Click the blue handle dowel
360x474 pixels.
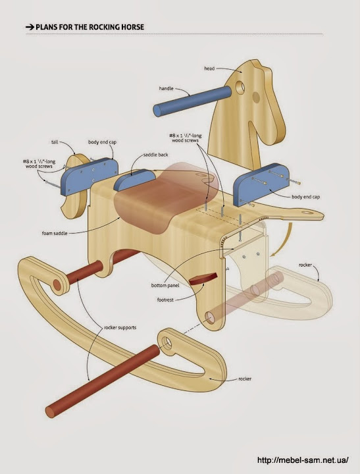click(192, 101)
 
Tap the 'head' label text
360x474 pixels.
click(209, 68)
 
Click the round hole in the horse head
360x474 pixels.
click(240, 88)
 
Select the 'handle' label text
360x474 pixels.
click(167, 89)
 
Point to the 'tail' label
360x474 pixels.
click(55, 142)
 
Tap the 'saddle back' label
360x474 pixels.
click(156, 155)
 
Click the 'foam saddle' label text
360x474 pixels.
click(55, 233)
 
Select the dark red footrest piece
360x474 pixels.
click(203, 278)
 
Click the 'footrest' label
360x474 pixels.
click(165, 300)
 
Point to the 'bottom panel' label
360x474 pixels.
click(165, 285)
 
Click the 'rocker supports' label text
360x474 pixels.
click(120, 327)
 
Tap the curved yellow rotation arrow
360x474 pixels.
click(286, 241)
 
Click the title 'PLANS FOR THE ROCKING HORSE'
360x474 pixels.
click(90, 27)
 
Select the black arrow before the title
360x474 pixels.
click(30, 27)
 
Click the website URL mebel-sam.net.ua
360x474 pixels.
click(303, 460)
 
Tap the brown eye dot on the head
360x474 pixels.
click(256, 97)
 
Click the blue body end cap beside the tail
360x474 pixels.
click(89, 176)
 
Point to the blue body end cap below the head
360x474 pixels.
click(261, 184)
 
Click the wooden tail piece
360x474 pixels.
click(74, 188)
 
